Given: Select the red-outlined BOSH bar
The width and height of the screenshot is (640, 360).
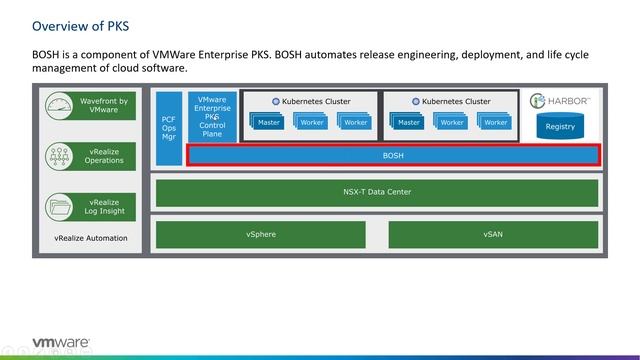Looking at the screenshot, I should point(393,156).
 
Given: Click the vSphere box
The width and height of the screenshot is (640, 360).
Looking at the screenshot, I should point(261,234).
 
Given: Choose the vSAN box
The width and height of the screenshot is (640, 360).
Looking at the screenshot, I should point(493,234).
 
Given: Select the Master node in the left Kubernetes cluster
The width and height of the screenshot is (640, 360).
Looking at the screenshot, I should point(268,122).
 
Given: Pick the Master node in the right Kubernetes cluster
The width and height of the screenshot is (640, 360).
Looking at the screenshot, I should point(408,122).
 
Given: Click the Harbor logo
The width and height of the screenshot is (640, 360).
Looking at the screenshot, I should point(563,101).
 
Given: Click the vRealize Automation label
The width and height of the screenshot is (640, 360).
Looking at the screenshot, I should point(90,238).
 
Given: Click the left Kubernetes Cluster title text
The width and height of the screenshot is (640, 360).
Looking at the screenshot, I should point(316,101).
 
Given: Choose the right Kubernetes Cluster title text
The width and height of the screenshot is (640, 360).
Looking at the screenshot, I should point(456,101).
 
